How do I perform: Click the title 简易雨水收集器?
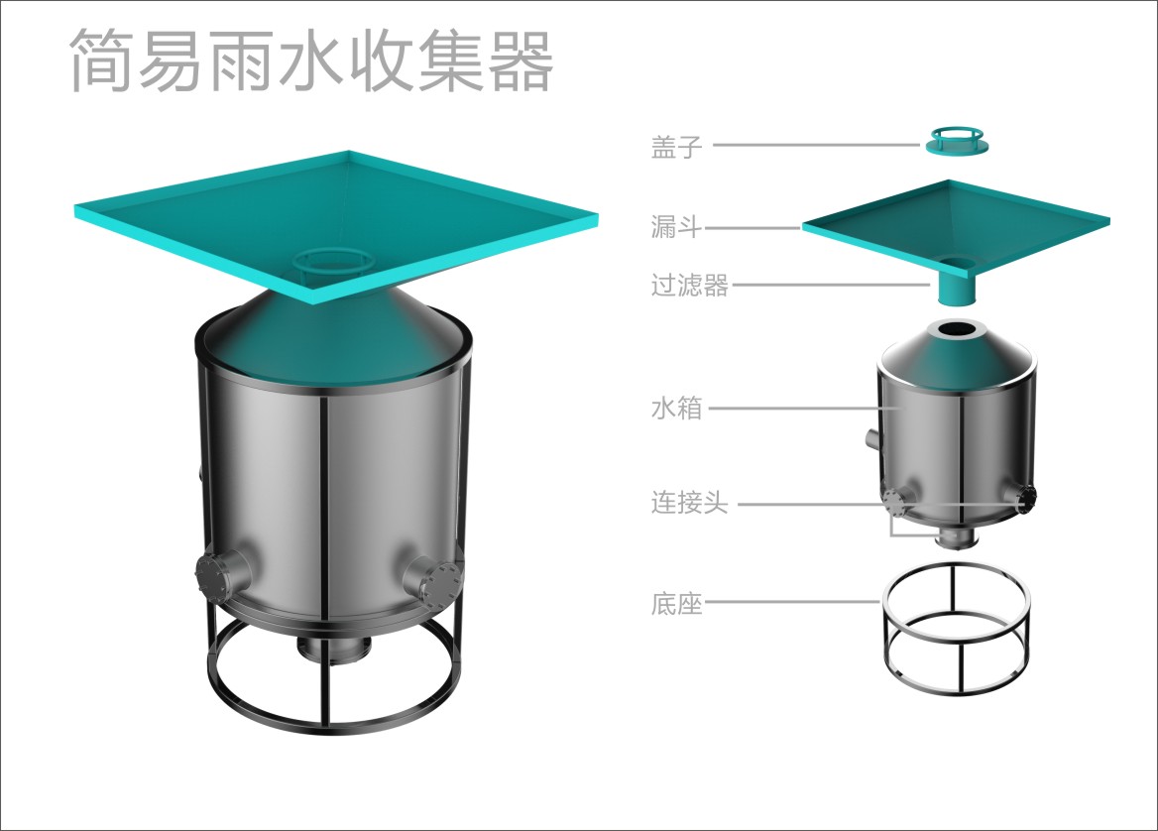click(x=311, y=60)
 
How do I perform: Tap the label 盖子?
click(x=676, y=146)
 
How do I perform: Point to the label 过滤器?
click(x=689, y=286)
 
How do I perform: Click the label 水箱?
click(x=676, y=408)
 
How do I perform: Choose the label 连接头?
click(x=689, y=503)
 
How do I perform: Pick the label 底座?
click(x=676, y=604)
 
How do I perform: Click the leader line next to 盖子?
click(x=817, y=146)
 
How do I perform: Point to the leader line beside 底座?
click(x=792, y=603)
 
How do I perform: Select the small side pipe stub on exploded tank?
click(x=872, y=438)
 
